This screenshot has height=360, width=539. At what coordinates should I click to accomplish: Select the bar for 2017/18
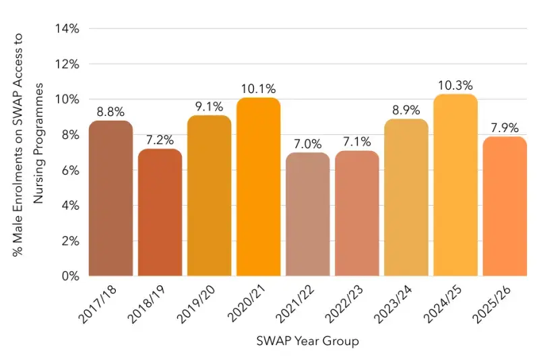point(110,198)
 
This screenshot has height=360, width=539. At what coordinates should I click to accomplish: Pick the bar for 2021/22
point(307,214)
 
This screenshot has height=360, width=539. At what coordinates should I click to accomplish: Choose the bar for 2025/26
point(504,206)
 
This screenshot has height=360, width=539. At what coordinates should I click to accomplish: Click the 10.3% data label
point(455,86)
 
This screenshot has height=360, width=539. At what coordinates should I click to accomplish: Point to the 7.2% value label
point(160,140)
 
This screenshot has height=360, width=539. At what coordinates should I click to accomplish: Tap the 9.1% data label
point(209,107)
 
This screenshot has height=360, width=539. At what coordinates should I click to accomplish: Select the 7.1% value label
point(356,142)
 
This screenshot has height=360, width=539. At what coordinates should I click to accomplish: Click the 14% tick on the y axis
point(68,29)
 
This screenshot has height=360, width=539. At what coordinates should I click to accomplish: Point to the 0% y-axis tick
point(71,276)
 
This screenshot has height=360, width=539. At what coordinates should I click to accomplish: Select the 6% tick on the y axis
point(71,170)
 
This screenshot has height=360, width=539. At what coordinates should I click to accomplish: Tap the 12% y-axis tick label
point(68,64)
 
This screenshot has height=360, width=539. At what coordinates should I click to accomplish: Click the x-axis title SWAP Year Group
point(307,341)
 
